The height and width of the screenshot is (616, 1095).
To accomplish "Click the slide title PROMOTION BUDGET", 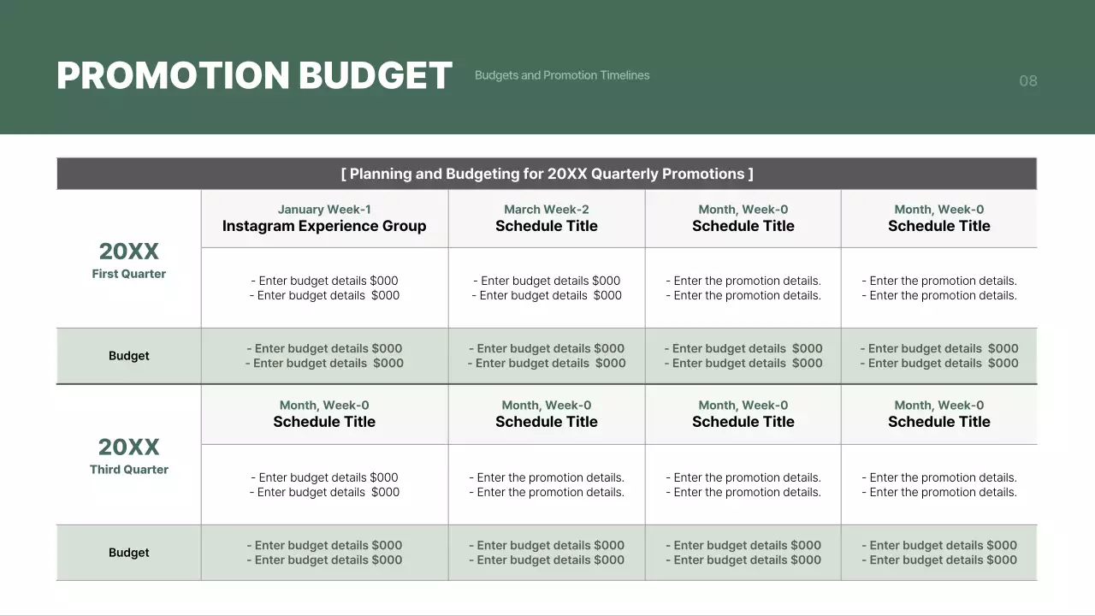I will tap(254, 75).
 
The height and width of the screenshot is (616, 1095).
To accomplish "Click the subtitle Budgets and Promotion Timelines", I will tap(562, 75).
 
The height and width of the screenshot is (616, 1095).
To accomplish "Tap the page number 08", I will tap(1027, 81).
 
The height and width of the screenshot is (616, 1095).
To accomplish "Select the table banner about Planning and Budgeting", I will tap(547, 174).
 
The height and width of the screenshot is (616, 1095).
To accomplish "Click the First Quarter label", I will tap(129, 274).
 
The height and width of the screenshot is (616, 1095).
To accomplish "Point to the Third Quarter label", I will tap(129, 469).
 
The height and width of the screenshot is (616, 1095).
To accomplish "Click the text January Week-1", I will tap(324, 210).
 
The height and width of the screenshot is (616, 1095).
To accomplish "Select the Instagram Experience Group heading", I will tap(324, 226).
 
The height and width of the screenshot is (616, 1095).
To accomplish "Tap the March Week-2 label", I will tap(547, 210).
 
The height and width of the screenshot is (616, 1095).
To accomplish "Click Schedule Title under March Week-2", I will tap(547, 226).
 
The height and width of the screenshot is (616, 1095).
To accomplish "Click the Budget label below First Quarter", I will tap(129, 356).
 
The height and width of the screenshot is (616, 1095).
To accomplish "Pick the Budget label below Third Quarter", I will tap(129, 553).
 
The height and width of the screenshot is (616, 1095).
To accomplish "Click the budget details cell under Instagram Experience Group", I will tap(324, 287).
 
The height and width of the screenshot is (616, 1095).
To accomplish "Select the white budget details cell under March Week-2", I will tap(547, 287).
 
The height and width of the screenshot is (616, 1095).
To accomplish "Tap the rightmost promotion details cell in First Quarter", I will tap(939, 287).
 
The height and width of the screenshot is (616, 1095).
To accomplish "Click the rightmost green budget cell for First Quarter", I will tap(939, 356).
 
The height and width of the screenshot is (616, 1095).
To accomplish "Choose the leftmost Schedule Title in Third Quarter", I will tap(324, 422).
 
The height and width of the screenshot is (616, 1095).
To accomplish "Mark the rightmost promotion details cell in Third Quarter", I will tap(939, 484).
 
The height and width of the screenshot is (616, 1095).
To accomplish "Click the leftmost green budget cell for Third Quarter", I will tap(324, 553).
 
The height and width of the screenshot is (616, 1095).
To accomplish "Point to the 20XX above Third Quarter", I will tap(129, 447).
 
